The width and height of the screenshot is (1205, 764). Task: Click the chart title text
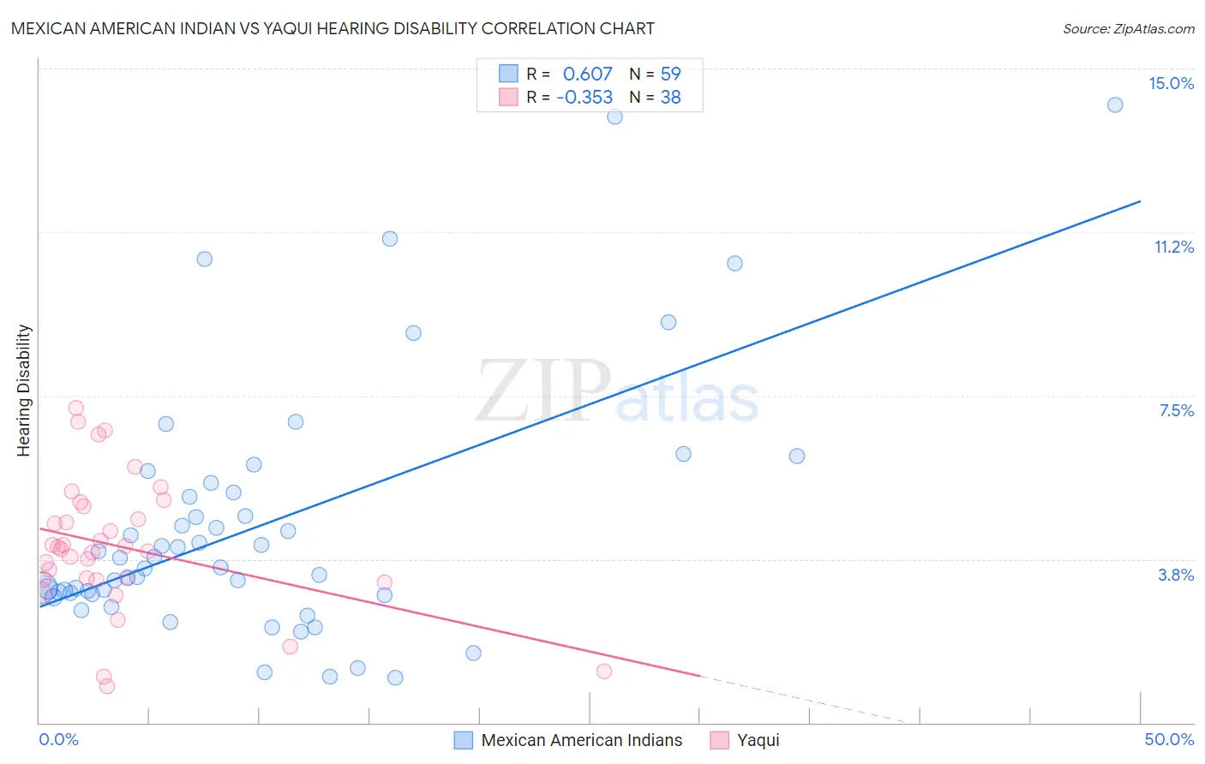coord(333,28)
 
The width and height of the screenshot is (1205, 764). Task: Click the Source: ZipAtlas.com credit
coord(1128,28)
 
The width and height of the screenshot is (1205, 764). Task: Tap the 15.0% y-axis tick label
coord(1171,83)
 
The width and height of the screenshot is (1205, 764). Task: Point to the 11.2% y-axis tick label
coord(1173,247)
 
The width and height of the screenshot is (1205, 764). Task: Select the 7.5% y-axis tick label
coord(1176,410)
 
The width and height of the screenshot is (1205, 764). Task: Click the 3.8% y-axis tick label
coord(1176,575)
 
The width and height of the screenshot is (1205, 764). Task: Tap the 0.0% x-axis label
coord(58,739)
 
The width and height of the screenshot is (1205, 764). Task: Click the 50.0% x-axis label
coord(1169,739)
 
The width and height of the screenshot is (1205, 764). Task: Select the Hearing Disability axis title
coord(24,390)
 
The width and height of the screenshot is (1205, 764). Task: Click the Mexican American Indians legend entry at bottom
coord(581,740)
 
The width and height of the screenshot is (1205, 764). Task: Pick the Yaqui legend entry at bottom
coord(758,740)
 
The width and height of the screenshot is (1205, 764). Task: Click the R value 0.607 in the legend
coord(587,75)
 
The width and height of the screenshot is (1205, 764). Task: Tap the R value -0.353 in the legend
coord(585,98)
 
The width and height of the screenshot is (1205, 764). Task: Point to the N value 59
coord(670,75)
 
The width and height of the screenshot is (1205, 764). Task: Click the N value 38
coord(670,98)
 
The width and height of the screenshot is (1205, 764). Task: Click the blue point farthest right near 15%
coord(1115,104)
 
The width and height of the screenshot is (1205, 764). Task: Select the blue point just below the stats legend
coord(614,116)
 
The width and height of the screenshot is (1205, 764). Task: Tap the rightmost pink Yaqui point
coord(604,671)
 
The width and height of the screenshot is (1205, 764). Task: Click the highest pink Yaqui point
coord(75,408)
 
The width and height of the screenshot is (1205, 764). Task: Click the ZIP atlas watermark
coord(617,391)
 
